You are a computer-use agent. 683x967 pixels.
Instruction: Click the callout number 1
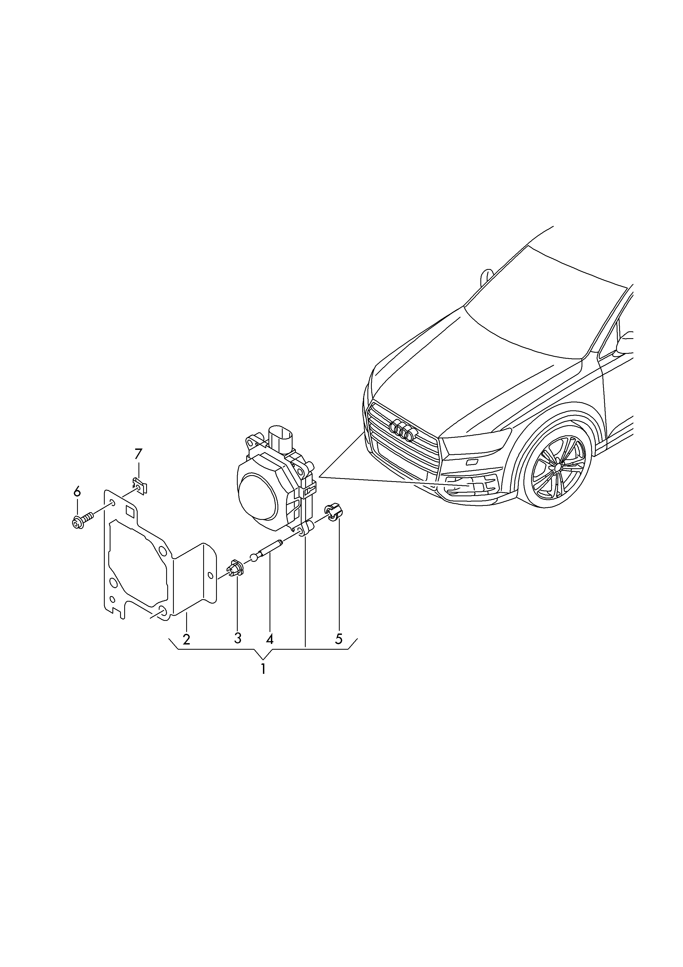click(263, 669)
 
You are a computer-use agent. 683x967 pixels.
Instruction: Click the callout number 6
click(76, 491)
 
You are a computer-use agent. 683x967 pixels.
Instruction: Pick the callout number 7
click(138, 454)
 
